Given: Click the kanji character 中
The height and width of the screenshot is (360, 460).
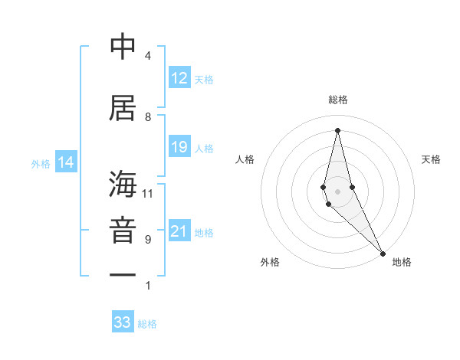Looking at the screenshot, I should pos(123,47).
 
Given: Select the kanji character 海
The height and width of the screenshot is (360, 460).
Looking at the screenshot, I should pos(123,185).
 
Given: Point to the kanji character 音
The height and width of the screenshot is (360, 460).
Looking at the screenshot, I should pos(123,231).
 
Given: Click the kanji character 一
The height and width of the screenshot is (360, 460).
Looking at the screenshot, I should pos(123,273).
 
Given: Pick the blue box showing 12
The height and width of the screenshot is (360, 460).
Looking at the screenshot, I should pos(179,78).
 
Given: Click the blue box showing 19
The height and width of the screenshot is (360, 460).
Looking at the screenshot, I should pos(179,147).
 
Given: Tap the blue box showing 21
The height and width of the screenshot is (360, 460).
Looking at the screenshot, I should pos(179,231).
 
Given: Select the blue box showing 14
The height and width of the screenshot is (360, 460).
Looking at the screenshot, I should pos(66,162).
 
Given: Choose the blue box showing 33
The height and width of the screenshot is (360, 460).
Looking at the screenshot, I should pos(123,322).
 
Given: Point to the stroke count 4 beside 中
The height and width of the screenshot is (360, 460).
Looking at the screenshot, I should pos(147,55).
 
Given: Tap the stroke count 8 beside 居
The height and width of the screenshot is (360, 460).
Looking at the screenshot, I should pos(147,116).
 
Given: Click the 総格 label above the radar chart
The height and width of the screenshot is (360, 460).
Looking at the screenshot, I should pos(338,100).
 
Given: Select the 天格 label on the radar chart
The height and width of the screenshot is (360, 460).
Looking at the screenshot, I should pos(432,159).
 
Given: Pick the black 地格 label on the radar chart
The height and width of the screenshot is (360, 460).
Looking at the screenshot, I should pos(402,262).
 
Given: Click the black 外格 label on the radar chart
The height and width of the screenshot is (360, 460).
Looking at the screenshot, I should pos(270,262).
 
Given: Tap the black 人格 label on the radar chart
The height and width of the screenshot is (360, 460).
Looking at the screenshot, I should pos(245,159).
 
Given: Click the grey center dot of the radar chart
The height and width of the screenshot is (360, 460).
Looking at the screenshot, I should pos(338,191).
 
